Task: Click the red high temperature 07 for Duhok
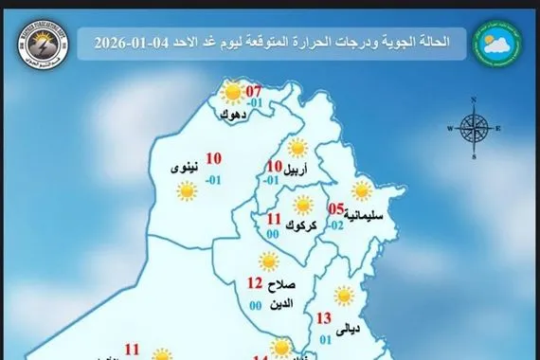(254, 92)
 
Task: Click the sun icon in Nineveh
(186, 191)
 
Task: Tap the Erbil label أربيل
(295, 171)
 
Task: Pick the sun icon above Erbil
(297, 148)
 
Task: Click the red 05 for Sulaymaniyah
(335, 209)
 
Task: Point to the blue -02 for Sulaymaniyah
(335, 226)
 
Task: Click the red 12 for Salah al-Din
(254, 282)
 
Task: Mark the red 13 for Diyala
(324, 318)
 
